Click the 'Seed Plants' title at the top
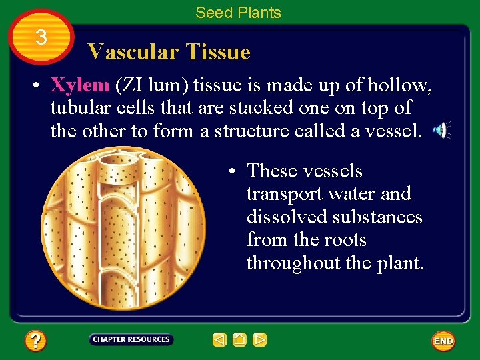tap(238, 12)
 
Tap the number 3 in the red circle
tap(41, 38)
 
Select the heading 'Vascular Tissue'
tap(169, 52)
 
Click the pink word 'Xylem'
tap(80, 85)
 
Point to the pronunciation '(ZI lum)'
tap(153, 86)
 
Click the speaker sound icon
tap(441, 131)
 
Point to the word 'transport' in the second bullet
tap(285, 194)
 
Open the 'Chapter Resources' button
tap(131, 339)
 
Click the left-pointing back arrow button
tap(219, 340)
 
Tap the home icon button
tap(240, 340)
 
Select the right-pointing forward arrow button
tap(260, 340)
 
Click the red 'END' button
tap(443, 341)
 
